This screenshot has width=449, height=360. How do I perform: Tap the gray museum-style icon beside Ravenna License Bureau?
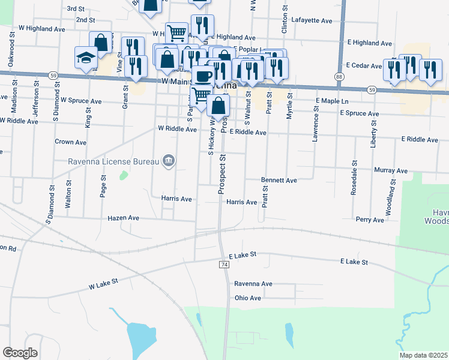coord(169,160)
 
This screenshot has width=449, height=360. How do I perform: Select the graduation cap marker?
coord(86,58)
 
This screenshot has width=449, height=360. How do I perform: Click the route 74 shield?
coord(224,264)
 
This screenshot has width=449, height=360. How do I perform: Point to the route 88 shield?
coord(340,77)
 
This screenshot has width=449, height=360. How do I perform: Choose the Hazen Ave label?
coord(123,218)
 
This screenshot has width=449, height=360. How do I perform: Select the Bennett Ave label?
coord(279,180)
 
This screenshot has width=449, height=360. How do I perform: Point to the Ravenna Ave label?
coord(253,284)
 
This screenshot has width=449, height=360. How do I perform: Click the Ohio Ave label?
coord(248,298)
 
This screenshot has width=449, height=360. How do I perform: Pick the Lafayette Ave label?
coord(311,20)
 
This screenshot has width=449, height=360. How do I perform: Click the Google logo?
coord(20,352)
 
